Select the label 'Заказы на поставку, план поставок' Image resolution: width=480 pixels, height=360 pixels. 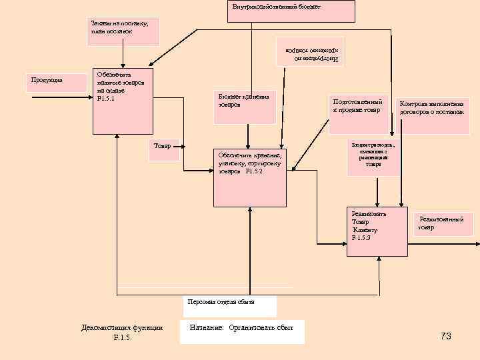pos(124,31)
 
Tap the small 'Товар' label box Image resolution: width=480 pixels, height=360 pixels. pos(163,150)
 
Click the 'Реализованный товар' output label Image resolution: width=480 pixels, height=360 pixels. pos(443,223)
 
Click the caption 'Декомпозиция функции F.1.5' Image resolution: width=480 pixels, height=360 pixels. pos(122,332)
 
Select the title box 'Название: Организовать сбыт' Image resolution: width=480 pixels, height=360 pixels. pos(242,331)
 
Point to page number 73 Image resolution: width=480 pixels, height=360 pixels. pos(446,336)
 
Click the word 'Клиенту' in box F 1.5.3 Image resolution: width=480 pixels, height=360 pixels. pos(365,230)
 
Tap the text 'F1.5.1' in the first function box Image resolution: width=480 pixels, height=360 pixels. pos(106,99)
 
